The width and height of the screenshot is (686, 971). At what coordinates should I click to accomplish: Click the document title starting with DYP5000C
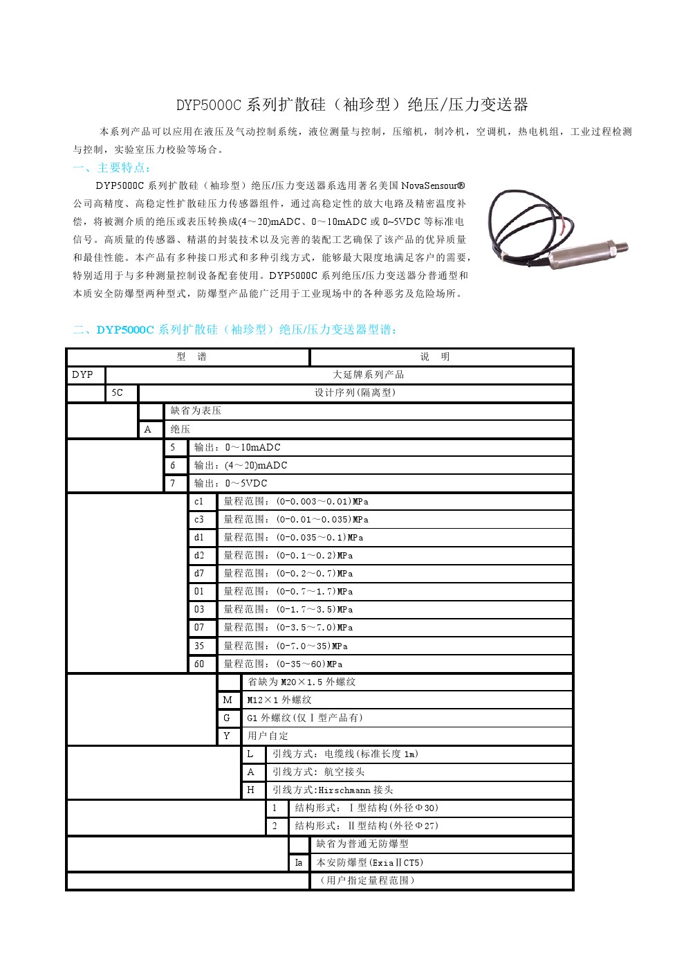pyautogui.click(x=351, y=105)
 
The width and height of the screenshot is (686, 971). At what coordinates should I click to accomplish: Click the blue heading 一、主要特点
pyautogui.click(x=111, y=167)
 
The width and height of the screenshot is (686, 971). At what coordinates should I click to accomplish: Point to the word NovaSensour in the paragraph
pyautogui.click(x=428, y=185)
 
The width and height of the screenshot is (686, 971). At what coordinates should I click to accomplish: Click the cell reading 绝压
pyautogui.click(x=180, y=430)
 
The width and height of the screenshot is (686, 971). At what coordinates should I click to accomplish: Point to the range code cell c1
pyautogui.click(x=199, y=502)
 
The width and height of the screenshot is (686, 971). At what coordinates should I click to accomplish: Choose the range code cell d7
pyautogui.click(x=199, y=574)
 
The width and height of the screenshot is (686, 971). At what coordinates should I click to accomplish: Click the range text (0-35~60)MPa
pyautogui.click(x=309, y=664)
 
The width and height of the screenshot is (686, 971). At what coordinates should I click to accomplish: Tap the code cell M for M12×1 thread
pyautogui.click(x=228, y=700)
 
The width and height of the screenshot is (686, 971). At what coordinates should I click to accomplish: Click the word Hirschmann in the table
pyautogui.click(x=344, y=790)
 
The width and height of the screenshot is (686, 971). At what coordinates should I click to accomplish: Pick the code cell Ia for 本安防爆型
pyautogui.click(x=299, y=863)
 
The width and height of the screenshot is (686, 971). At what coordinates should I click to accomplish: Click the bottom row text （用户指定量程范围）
pyautogui.click(x=367, y=881)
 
